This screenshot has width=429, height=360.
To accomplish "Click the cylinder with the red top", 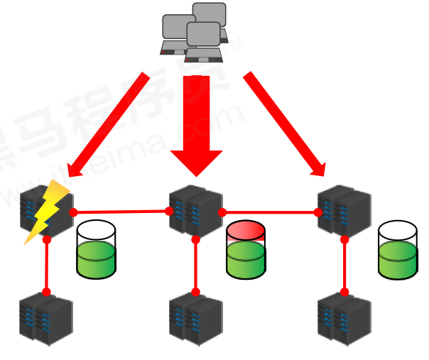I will (x=246, y=250).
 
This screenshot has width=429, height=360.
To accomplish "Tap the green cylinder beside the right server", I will (x=397, y=250).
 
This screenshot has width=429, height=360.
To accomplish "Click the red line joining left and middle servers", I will (x=121, y=212).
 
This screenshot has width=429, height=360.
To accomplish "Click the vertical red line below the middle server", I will (x=196, y=266).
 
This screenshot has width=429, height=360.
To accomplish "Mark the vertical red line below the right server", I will (x=344, y=266).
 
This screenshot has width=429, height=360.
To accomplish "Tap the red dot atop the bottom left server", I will (x=46, y=292).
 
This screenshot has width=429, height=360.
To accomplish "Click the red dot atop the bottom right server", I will (x=344, y=292).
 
